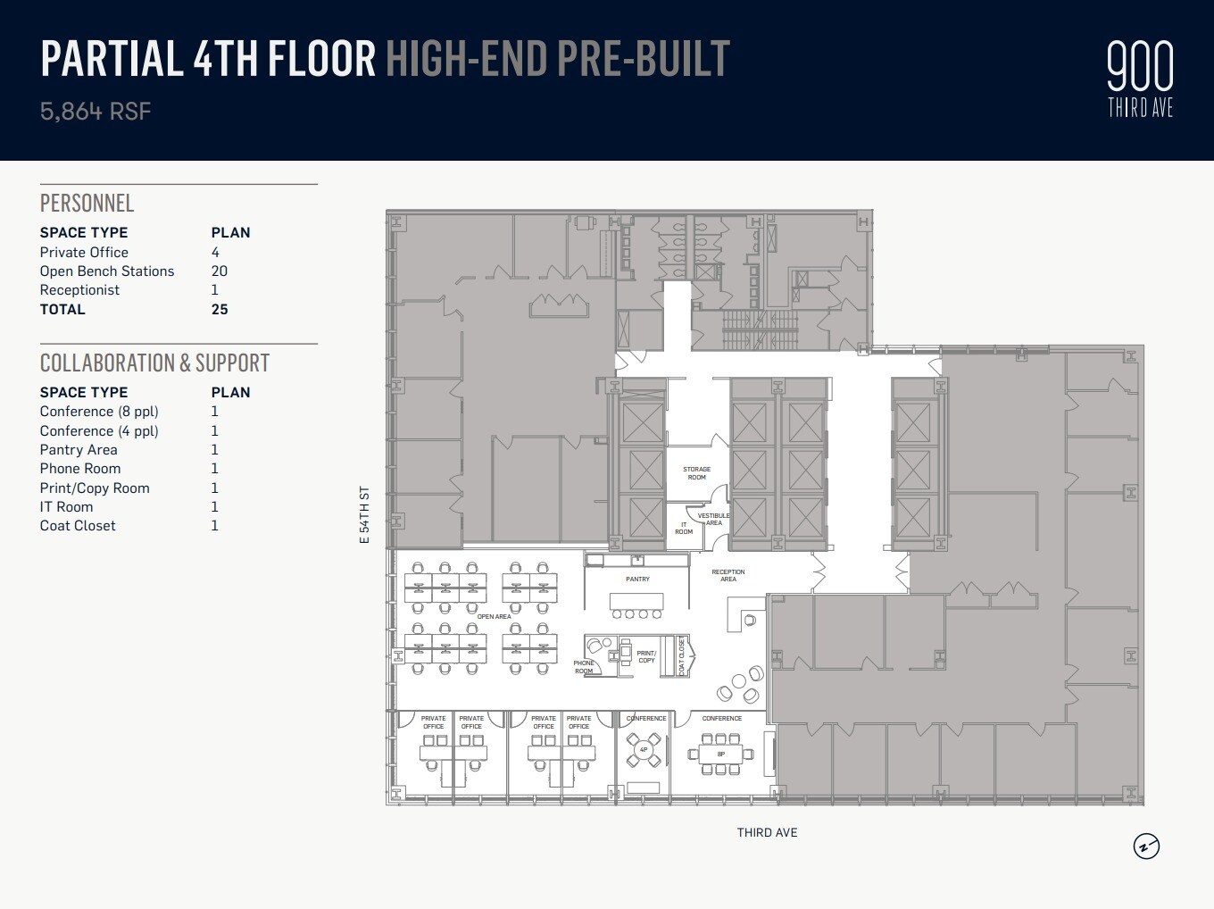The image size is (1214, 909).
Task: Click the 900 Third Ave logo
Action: [1140, 79]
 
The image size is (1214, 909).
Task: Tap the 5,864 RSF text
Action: [96, 112]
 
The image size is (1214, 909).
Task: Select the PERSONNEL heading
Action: [87, 204]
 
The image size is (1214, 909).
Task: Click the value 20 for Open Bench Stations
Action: [219, 271]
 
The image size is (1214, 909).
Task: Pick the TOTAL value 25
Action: [220, 310]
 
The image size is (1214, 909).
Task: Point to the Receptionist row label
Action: [79, 290]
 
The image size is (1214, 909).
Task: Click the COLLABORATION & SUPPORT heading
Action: [154, 363]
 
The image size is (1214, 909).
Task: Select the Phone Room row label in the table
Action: [80, 469]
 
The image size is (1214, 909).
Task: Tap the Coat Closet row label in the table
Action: [78, 526]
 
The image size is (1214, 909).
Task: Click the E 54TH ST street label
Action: [364, 515]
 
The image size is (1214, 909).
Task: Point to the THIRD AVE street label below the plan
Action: [767, 832]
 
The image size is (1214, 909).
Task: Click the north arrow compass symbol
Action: [1146, 846]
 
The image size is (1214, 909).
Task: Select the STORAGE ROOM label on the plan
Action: [696, 473]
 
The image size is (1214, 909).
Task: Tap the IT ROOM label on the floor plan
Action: [684, 528]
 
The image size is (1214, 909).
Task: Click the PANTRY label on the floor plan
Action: [637, 580]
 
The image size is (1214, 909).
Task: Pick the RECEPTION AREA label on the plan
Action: [728, 575]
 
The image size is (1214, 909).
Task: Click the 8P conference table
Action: [721, 754]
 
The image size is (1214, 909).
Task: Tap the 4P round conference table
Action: [644, 750]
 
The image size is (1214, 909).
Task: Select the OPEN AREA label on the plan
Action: [494, 617]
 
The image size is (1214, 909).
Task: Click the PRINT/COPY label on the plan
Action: [646, 656]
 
